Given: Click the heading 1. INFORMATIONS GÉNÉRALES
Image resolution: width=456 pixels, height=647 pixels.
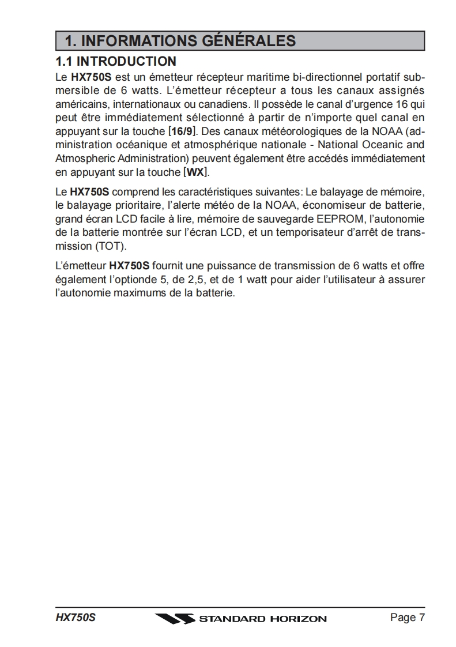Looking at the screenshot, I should click(x=180, y=41).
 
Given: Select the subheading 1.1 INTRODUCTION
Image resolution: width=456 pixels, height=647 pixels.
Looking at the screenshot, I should click(x=115, y=61).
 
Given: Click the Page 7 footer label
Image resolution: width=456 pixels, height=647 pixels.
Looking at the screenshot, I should click(x=407, y=618).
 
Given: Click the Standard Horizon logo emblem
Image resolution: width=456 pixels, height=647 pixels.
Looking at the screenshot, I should click(x=175, y=619).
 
